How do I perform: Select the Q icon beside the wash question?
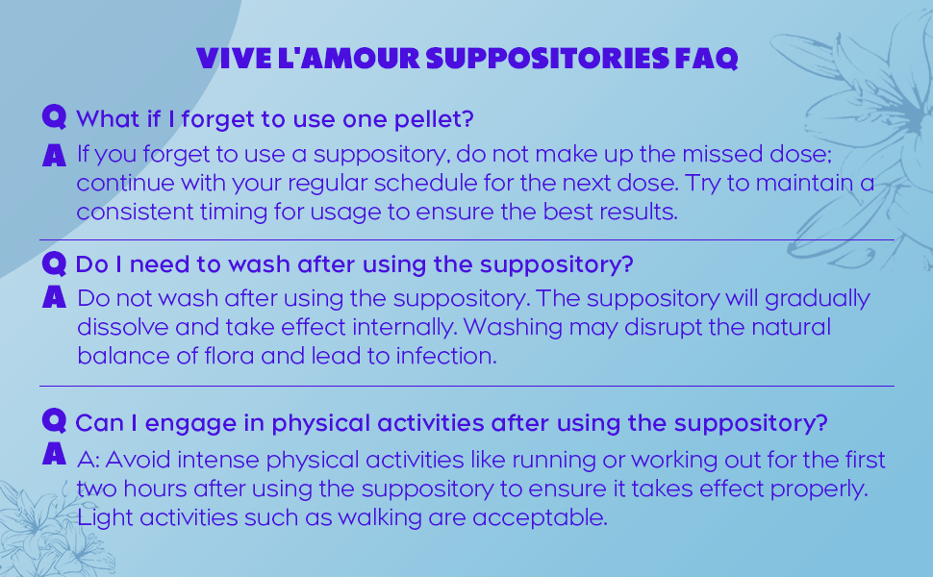pos(55,262)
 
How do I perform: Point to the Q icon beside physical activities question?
pos(55,420)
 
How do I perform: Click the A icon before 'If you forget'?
pos(55,153)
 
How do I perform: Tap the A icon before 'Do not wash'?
pos(55,297)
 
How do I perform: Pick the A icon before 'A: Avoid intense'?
pos(55,454)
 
